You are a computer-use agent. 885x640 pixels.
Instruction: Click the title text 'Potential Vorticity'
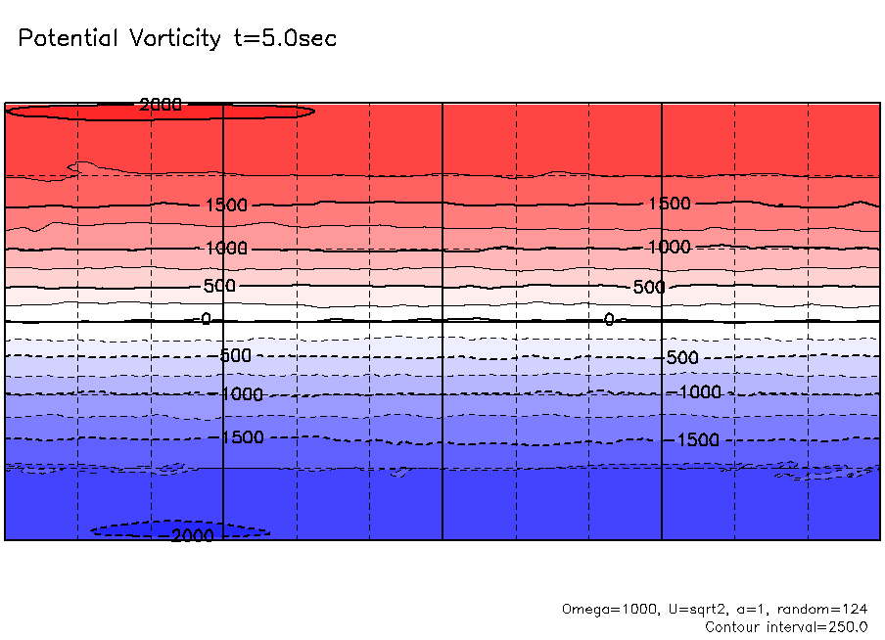click(x=119, y=39)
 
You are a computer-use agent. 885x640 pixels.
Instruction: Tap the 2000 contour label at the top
click(x=161, y=105)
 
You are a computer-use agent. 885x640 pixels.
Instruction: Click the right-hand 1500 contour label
click(x=669, y=204)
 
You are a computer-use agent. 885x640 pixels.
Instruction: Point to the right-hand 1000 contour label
click(x=669, y=247)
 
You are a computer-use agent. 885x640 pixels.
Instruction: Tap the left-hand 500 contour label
click(x=219, y=286)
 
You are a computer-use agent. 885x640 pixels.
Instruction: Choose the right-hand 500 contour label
click(x=648, y=287)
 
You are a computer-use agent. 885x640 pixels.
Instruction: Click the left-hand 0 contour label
click(x=206, y=319)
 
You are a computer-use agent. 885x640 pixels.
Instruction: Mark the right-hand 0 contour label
click(x=609, y=319)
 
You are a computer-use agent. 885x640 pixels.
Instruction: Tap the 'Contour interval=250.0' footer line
click(x=786, y=626)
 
